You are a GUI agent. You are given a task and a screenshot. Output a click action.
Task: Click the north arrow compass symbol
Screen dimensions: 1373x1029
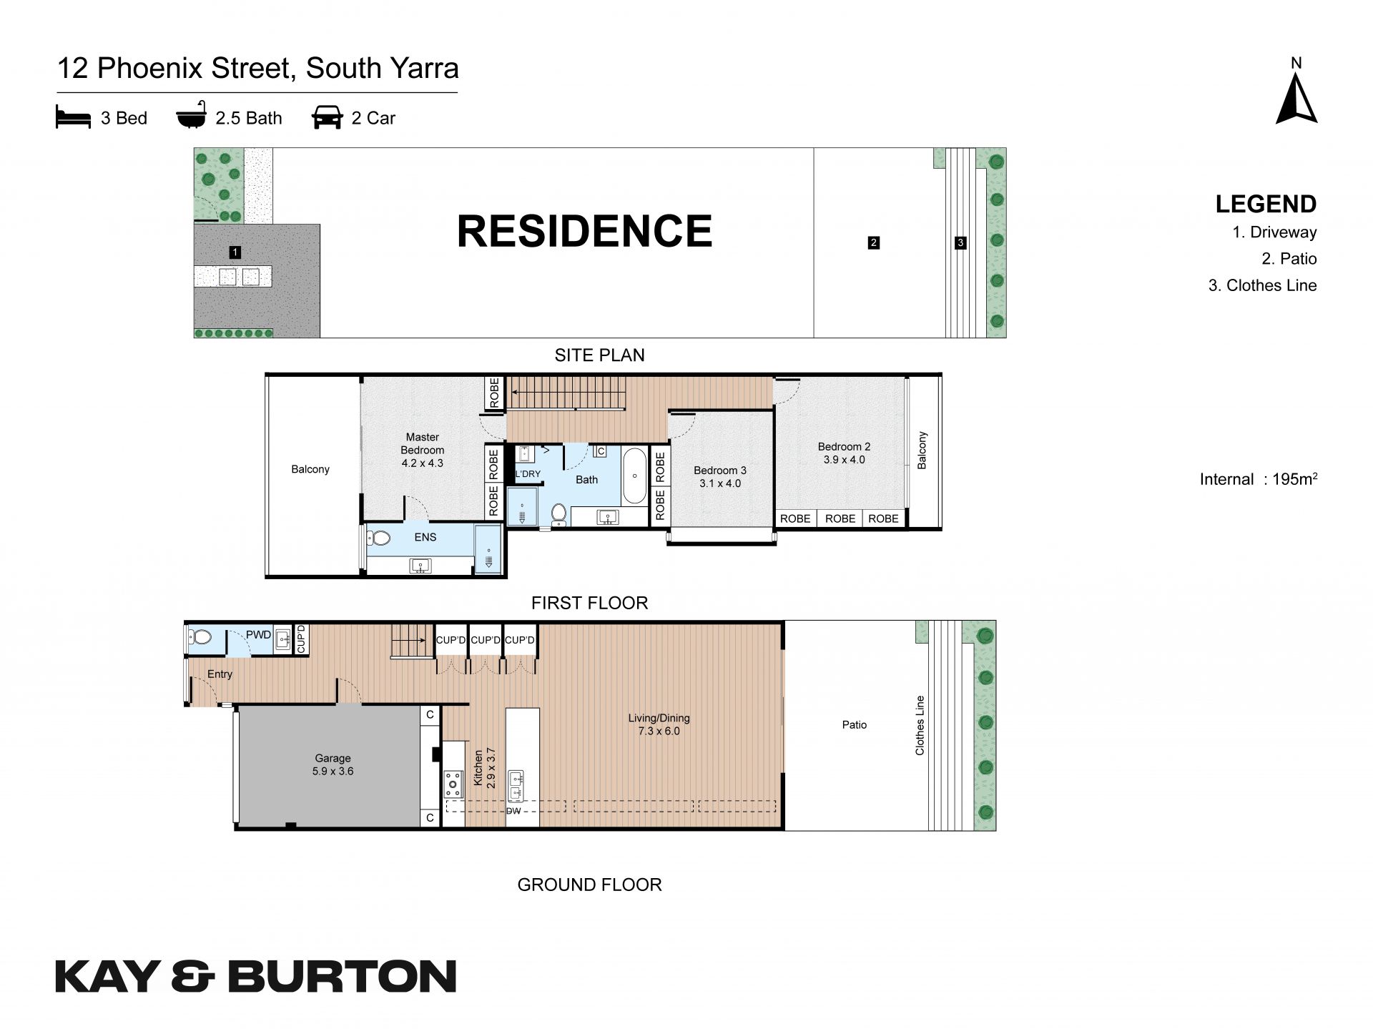tap(1296, 99)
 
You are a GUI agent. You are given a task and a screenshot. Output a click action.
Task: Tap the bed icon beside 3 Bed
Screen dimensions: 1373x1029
tap(73, 117)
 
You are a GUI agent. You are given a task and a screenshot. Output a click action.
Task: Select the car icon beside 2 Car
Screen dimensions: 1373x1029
tap(327, 118)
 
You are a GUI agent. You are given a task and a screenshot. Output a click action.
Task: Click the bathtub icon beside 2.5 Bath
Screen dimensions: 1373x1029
tap(191, 116)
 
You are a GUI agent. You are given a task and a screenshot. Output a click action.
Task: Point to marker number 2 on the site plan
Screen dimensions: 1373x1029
tap(873, 242)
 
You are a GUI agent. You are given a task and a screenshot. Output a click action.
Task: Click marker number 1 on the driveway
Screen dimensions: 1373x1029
tap(235, 252)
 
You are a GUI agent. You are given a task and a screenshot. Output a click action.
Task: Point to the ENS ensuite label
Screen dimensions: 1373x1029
tap(425, 537)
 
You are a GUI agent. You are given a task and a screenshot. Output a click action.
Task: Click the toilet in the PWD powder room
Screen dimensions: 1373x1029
tap(200, 636)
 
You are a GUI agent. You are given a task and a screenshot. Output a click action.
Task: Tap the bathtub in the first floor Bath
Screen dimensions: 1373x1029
tap(634, 476)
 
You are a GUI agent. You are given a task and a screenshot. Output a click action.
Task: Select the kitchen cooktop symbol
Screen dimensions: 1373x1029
tap(453, 783)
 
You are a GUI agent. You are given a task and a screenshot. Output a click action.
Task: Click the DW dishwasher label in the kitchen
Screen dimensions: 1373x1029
tap(513, 811)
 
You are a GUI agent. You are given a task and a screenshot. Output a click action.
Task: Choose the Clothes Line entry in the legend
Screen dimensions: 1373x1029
tap(1262, 285)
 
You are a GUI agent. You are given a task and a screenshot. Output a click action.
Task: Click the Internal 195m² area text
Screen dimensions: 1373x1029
tap(1259, 479)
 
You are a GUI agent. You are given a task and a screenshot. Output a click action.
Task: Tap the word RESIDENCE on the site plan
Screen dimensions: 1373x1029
tap(584, 231)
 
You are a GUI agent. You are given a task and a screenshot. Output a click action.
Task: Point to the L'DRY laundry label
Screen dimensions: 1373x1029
tap(528, 474)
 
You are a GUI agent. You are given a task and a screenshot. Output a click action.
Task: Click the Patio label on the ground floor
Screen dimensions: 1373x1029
tap(854, 724)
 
